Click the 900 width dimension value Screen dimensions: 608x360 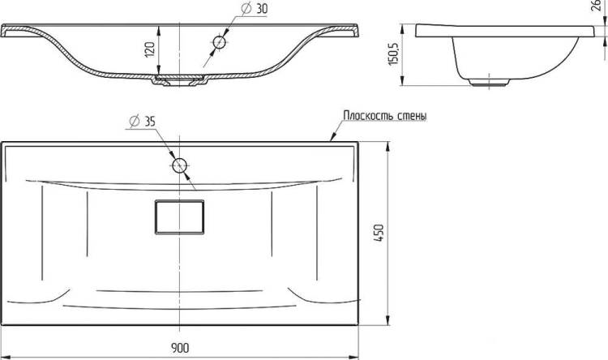tap(180, 348)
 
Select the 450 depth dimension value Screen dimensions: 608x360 tap(379, 233)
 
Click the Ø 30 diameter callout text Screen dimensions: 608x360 tap(255, 9)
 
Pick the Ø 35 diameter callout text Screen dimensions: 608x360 tap(143, 122)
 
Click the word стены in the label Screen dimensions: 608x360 tap(413, 116)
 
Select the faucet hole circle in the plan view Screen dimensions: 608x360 tap(179, 165)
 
